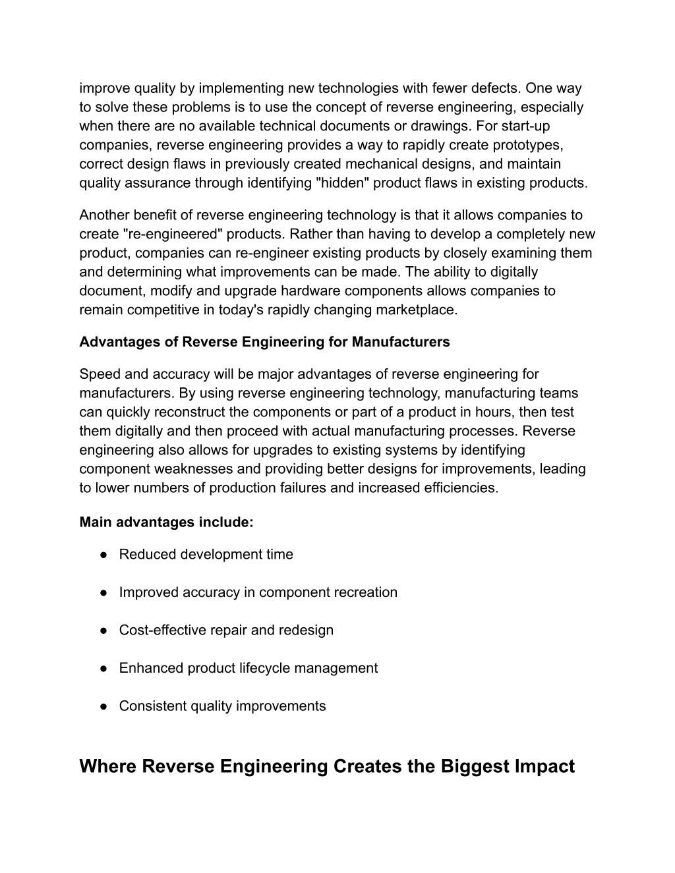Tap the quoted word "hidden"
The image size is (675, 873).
pos(343,183)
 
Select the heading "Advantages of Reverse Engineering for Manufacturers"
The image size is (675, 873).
pos(264,342)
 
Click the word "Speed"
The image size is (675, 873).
pos(98,374)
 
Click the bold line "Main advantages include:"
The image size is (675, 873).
pos(166,522)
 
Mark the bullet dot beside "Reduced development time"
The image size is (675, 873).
pos(104,555)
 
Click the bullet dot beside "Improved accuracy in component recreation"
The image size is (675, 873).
pos(104,592)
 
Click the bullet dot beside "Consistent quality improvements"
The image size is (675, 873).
pos(104,706)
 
